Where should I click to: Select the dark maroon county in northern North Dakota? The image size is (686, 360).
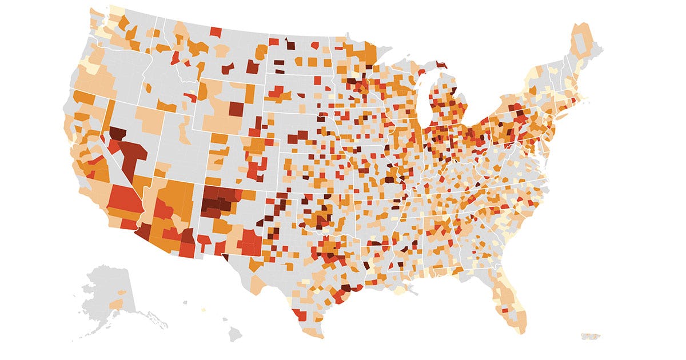pos(290,46)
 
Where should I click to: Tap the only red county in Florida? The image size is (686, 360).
pos(505,309)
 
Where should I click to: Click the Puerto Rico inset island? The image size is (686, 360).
pos(589,336)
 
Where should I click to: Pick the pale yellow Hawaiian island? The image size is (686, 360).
pos(203,310)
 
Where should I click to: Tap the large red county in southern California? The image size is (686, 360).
pos(123,200)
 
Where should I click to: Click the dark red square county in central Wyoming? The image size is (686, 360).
pos(236,108)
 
